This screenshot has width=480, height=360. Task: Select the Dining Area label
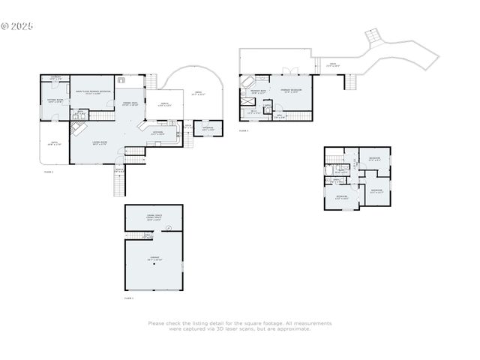(x=129, y=104)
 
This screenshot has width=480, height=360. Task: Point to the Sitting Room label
(x=54, y=100)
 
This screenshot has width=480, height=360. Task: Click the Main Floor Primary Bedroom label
(x=93, y=92)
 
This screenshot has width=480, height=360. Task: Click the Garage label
(x=154, y=259)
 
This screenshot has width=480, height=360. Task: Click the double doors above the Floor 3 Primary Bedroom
(x=286, y=72)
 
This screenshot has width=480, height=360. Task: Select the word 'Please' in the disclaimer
(x=156, y=323)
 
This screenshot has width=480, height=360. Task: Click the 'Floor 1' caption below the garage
(x=128, y=298)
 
